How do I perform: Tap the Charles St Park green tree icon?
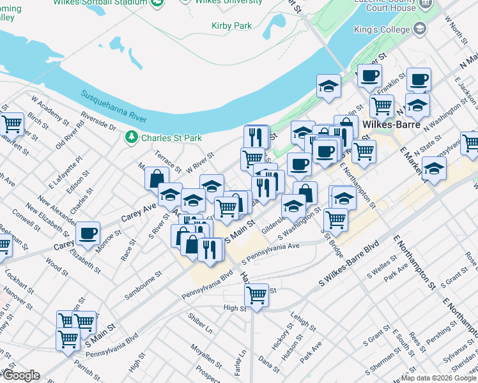132,137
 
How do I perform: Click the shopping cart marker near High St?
256,295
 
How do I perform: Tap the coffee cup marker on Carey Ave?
88,233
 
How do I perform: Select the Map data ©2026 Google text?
438,378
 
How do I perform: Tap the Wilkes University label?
224,2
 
